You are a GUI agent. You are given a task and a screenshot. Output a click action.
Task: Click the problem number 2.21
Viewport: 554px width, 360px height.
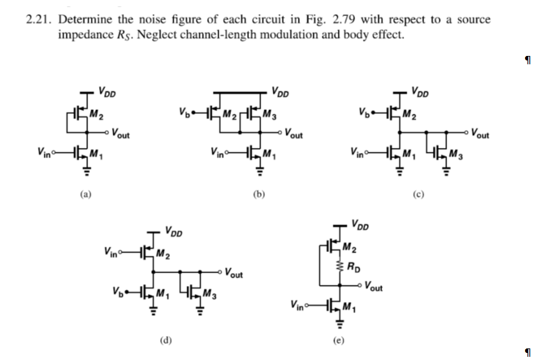[39, 19]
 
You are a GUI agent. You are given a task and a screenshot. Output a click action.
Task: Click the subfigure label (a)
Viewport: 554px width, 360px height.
[83, 191]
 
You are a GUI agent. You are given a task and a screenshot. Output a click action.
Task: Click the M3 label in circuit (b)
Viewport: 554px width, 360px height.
[271, 116]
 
